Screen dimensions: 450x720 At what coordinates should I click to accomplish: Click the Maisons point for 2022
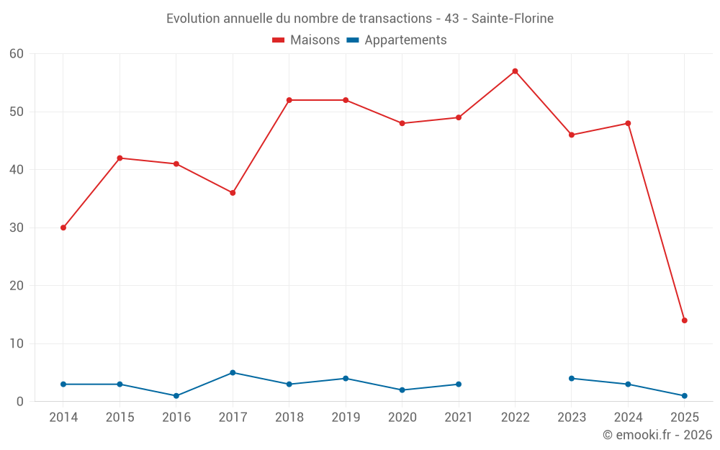point(515,71)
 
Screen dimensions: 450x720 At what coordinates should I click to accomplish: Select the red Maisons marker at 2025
point(684,320)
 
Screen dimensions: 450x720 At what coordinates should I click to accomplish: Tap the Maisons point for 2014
point(63,228)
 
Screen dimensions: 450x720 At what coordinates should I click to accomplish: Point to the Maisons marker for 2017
point(233,193)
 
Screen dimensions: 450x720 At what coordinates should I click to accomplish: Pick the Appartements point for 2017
point(233,373)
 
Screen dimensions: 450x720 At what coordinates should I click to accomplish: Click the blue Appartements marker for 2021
point(459,384)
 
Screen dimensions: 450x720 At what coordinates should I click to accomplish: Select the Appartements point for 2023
point(572,379)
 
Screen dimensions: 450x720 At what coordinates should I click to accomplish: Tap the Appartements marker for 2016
point(176,396)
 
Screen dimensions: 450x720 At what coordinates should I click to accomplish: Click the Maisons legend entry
point(306,40)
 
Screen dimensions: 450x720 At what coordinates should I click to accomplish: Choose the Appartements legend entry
point(397,40)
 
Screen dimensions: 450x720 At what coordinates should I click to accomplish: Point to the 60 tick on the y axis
point(17,54)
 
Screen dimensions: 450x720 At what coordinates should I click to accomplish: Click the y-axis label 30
point(17,228)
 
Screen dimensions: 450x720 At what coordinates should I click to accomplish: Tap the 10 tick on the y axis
point(17,343)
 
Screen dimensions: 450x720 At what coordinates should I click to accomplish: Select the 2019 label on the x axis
point(346,418)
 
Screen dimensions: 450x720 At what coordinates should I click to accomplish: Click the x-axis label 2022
point(515,418)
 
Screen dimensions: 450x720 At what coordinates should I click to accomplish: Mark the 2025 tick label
point(684,418)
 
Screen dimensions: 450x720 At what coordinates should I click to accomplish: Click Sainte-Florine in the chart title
point(512,19)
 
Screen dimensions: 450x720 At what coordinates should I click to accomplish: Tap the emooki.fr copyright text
point(657,435)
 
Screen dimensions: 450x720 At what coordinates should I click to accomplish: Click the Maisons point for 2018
point(289,100)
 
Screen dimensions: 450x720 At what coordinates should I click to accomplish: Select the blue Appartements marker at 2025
point(684,396)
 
